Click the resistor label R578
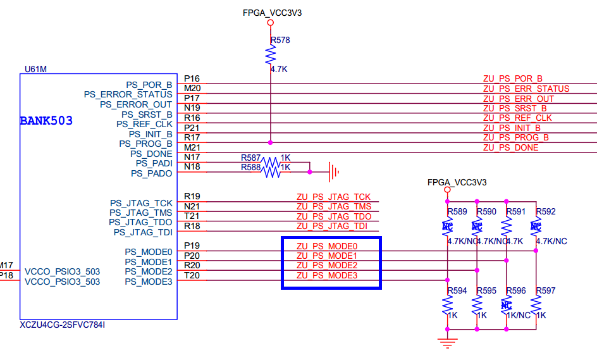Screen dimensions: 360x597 [280, 40]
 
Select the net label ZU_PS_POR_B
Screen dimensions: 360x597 [512, 78]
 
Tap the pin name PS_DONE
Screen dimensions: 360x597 [151, 153]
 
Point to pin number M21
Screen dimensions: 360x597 [192, 147]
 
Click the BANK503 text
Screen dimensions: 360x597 [46, 120]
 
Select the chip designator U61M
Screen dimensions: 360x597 [35, 69]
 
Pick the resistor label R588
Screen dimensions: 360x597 [250, 167]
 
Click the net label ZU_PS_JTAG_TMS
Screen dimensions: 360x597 [333, 206]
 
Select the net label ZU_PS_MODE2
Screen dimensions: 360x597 [328, 265]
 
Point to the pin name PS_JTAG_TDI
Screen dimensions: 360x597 [143, 232]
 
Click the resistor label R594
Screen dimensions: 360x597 [457, 290]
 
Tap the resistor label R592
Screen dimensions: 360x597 [546, 211]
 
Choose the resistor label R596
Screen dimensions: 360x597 [516, 290]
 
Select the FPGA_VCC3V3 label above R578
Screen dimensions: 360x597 [272, 13]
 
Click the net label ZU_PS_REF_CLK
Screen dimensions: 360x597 [517, 118]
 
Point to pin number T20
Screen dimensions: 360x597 [192, 275]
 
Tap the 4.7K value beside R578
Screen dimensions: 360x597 [279, 70]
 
